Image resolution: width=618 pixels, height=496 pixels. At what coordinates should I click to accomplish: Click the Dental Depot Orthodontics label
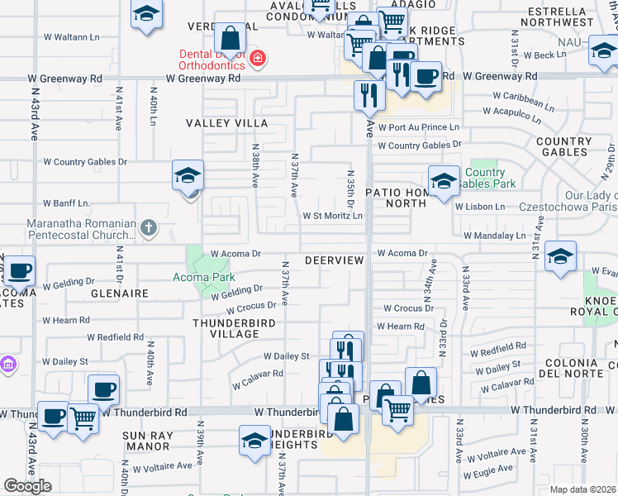pos(213,60)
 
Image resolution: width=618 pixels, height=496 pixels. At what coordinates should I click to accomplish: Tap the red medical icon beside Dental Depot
pos(258,58)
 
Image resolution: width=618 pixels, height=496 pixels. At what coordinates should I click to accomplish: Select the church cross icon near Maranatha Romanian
pos(148,227)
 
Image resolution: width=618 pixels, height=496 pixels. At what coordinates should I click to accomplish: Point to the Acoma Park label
pos(203,277)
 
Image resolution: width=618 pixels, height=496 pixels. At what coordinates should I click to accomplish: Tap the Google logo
pos(27,486)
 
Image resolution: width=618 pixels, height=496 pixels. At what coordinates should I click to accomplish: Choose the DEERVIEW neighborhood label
pos(334,260)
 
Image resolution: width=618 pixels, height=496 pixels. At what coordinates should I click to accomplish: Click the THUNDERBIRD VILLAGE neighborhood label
pos(226,327)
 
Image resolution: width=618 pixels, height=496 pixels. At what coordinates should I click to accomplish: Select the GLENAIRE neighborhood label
pos(121,293)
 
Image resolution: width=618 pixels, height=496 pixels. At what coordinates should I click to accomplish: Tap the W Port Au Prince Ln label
pos(418,127)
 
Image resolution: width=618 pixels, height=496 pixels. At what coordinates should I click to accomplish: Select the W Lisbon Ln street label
pos(479,206)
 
